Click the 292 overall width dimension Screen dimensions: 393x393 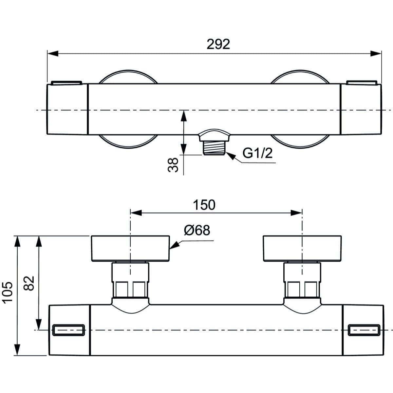(218, 44)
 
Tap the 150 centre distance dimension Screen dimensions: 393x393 (204, 205)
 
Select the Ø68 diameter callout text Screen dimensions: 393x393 (196, 230)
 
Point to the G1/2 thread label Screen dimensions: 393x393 (257, 153)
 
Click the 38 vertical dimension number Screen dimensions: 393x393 (174, 165)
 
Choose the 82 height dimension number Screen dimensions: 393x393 (29, 283)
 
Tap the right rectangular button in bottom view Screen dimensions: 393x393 (364, 330)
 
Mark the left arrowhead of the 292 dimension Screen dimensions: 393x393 (52, 53)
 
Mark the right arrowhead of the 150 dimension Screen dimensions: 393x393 (297, 213)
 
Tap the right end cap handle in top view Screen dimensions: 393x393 (361, 109)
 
